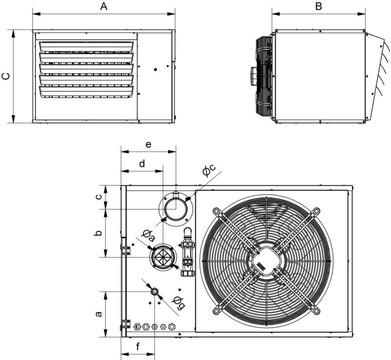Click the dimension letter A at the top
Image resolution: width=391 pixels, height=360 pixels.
pyautogui.click(x=103, y=6)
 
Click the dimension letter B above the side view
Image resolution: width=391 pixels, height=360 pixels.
pyautogui.click(x=319, y=6)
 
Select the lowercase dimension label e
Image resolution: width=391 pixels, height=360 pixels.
pyautogui.click(x=149, y=145)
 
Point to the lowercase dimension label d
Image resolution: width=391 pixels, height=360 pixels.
pyautogui.click(x=142, y=164)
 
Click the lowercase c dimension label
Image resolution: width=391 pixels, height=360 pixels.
pyautogui.click(x=98, y=196)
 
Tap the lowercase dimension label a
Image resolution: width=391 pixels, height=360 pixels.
pyautogui.click(x=98, y=313)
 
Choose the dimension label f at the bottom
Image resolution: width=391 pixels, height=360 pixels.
pyautogui.click(x=138, y=347)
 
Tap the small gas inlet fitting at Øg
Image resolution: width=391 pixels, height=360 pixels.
pyautogui.click(x=155, y=292)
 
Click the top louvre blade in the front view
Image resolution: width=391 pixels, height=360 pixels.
pyautogui.click(x=87, y=45)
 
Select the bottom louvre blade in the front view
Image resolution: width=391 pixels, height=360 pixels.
pyautogui.click(x=87, y=91)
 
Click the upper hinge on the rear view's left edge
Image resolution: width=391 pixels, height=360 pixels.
pyautogui.click(x=126, y=250)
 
